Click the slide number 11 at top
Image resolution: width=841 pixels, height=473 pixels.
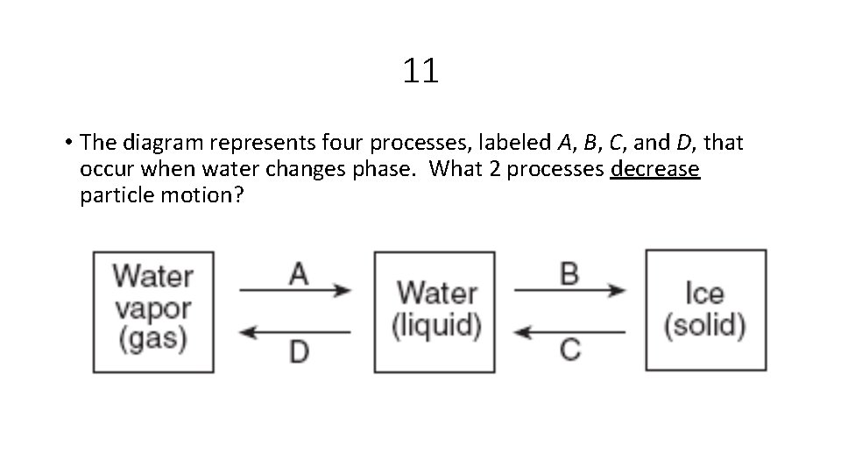pyautogui.click(x=420, y=71)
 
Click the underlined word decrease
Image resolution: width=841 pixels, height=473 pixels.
pyautogui.click(x=655, y=168)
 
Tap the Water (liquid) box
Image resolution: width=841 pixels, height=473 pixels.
pyautogui.click(x=435, y=310)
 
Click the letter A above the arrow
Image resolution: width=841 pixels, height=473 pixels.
pyautogui.click(x=299, y=274)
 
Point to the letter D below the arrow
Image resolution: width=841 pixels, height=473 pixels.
pyautogui.click(x=299, y=351)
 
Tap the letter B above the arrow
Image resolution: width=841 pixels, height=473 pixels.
pyautogui.click(x=569, y=274)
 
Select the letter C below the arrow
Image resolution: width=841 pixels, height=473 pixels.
pyautogui.click(x=569, y=350)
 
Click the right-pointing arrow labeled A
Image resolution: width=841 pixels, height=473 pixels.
pyautogui.click(x=294, y=290)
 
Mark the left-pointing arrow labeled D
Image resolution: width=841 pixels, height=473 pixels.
pyautogui.click(x=294, y=332)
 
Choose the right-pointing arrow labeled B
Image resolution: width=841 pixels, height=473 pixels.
pyautogui.click(x=569, y=290)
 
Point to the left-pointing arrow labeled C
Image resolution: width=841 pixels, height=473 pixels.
pyautogui.click(x=569, y=332)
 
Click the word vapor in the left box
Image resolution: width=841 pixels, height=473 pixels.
pyautogui.click(x=152, y=308)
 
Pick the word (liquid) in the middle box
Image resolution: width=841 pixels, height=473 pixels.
pyautogui.click(x=435, y=327)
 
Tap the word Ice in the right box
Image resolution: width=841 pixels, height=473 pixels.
pyautogui.click(x=705, y=293)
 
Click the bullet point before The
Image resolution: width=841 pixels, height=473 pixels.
pyautogui.click(x=67, y=142)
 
